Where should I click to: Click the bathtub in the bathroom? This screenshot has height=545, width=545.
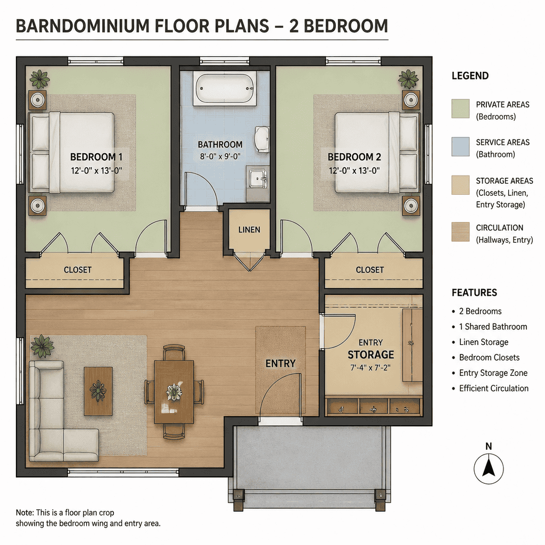pos(225,88)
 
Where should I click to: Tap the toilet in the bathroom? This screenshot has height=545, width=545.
pos(262,139)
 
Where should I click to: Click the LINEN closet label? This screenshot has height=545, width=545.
pos(249,230)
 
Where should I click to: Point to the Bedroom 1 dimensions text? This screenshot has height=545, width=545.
pos(97,171)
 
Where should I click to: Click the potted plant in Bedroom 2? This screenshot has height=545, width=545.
pos(408,79)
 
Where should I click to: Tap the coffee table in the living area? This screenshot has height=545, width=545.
pos(98,391)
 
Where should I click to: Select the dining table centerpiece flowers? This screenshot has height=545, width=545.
pos(174,392)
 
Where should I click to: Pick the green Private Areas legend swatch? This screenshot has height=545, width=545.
pos(460,109)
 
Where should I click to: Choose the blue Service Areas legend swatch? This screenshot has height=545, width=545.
pos(460,147)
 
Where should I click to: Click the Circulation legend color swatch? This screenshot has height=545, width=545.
pos(460,232)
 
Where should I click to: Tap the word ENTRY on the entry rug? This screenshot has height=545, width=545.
pos(280,364)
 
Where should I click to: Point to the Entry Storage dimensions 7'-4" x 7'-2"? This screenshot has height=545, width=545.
pos(370,367)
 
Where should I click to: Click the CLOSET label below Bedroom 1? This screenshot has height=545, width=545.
pos(78,270)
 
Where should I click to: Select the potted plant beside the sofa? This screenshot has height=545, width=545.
pos(42,346)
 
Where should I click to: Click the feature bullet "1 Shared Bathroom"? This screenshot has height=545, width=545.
pos(493,327)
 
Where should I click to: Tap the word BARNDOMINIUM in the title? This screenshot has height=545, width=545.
pos(82,26)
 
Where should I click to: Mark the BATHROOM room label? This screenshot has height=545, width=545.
pos(220,145)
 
